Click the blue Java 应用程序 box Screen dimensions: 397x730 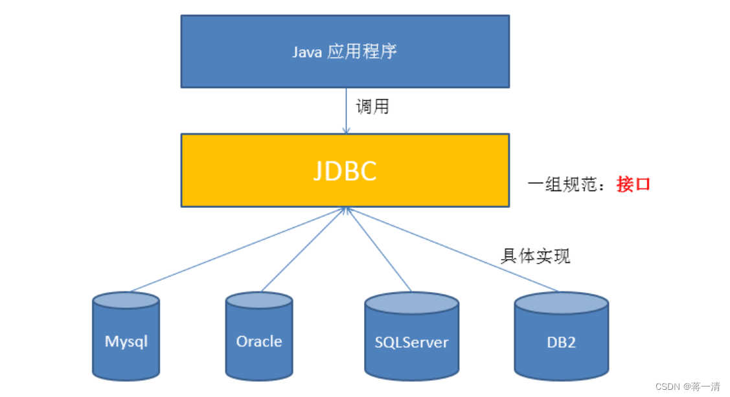tap(345, 51)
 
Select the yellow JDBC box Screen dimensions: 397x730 tap(345, 170)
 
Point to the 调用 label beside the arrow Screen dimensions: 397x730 tap(372, 107)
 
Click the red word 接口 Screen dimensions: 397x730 tap(633, 185)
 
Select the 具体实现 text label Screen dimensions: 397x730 tap(535, 256)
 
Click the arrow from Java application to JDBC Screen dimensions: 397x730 tap(346, 110)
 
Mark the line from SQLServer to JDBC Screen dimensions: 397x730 tap(379, 249)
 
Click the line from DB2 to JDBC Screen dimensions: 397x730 tap(453, 250)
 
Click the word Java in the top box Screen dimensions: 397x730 tap(307, 52)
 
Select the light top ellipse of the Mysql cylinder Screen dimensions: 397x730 tap(126, 301)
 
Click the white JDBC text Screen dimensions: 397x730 tap(345, 170)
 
